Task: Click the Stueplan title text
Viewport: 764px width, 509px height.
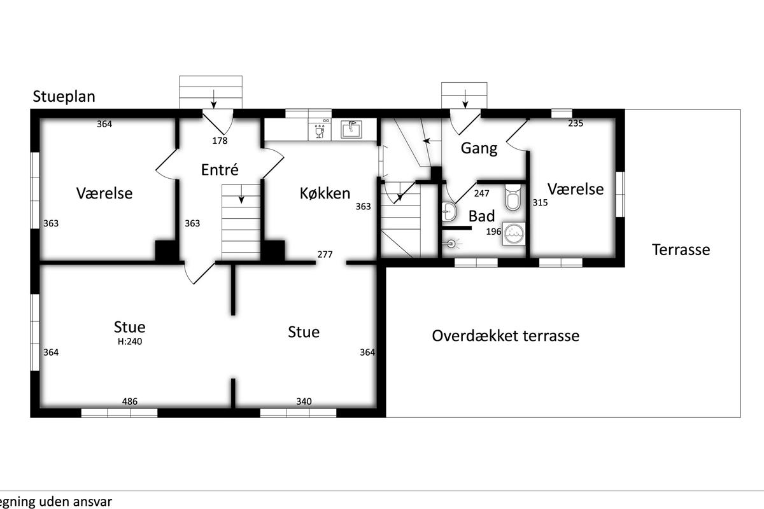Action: click(x=64, y=97)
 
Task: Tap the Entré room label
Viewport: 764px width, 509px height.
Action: click(x=220, y=169)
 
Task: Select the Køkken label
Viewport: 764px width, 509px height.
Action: click(x=325, y=193)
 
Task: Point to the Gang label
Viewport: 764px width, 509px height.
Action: click(x=479, y=149)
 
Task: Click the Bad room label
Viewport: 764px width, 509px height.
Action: click(x=481, y=216)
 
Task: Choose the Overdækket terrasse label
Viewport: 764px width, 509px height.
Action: click(x=506, y=336)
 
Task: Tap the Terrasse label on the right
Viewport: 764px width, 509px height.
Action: click(x=681, y=249)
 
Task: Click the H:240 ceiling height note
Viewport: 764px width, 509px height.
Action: click(x=130, y=342)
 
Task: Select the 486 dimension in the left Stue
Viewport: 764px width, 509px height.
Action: click(x=130, y=401)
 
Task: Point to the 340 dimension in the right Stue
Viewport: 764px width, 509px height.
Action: click(x=304, y=401)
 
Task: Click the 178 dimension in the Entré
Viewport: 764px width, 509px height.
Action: click(x=220, y=141)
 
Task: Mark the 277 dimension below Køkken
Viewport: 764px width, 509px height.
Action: click(x=325, y=254)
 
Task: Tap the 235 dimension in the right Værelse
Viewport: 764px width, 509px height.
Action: click(x=576, y=123)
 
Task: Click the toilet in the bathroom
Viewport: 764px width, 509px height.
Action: click(x=513, y=197)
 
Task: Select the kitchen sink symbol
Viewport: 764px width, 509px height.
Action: click(x=351, y=129)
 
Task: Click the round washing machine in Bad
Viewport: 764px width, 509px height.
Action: click(x=514, y=234)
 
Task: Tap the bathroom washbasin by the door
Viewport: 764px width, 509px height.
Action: click(x=448, y=211)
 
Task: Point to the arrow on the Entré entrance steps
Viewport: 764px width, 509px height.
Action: click(x=213, y=99)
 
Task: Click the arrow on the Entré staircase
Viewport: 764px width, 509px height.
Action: click(x=241, y=194)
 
